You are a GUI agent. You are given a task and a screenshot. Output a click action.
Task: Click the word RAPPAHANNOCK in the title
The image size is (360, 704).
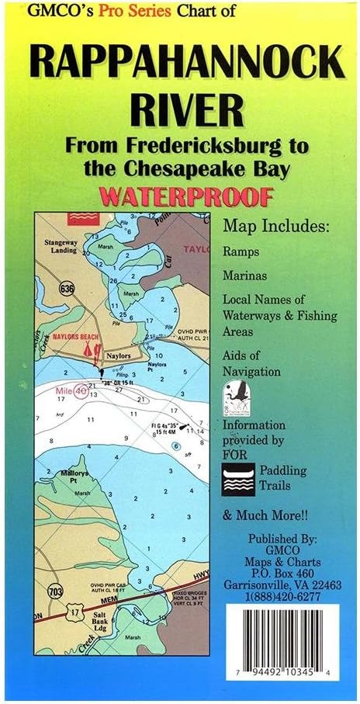point(180,61)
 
